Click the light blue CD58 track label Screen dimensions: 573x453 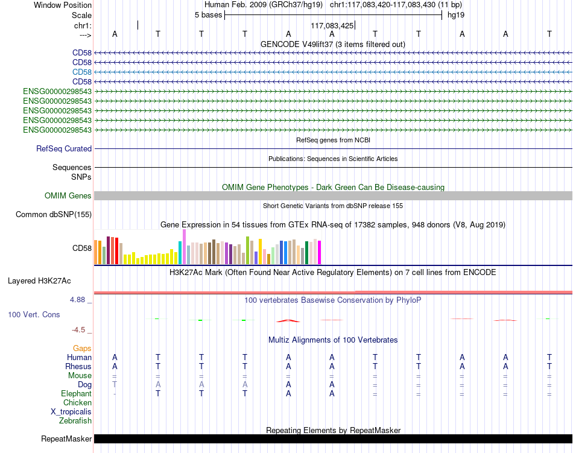[82, 72]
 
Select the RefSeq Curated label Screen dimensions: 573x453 [64, 148]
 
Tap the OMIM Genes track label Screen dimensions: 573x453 [68, 196]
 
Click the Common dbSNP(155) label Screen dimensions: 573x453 [54, 215]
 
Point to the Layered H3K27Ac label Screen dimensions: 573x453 [39, 281]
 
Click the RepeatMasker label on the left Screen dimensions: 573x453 [66, 439]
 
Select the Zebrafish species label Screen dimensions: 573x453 [75, 421]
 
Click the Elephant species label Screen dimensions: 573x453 [77, 393]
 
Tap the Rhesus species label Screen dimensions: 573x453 [78, 366]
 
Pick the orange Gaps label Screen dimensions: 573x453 [82, 349]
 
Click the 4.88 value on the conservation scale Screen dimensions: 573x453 [77, 300]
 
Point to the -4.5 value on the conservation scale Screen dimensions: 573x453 [78, 330]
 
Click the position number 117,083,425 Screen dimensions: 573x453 [332, 25]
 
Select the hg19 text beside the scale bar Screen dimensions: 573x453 [456, 15]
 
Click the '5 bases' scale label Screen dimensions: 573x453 [208, 15]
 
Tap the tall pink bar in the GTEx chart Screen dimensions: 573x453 [184, 247]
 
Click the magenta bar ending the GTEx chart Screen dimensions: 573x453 [320, 253]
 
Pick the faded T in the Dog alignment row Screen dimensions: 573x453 [115, 384]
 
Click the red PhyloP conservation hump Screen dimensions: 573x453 [288, 321]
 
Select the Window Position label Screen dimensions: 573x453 [63, 5]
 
